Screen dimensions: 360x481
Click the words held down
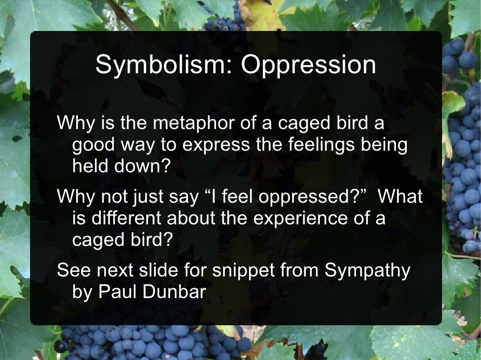point(119,166)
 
